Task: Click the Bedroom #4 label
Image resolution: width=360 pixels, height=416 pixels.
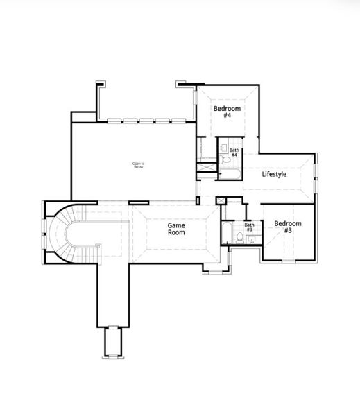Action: tap(227, 112)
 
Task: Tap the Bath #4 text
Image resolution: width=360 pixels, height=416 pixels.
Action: tap(234, 153)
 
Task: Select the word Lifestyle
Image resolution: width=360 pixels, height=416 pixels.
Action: tap(274, 174)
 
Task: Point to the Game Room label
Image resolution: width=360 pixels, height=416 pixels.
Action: tap(176, 229)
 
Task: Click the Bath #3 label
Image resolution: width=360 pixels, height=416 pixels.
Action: tap(249, 227)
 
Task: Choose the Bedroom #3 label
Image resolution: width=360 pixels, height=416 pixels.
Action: tap(287, 227)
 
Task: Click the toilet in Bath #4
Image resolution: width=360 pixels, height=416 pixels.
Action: tap(227, 160)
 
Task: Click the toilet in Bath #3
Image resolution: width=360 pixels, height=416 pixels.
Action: tap(239, 237)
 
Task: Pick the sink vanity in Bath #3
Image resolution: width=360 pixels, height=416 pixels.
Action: tap(251, 240)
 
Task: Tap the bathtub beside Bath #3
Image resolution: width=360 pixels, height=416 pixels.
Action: tap(227, 233)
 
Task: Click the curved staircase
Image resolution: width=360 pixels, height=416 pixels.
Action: tap(62, 236)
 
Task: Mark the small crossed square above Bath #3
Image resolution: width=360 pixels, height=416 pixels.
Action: tap(221, 200)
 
